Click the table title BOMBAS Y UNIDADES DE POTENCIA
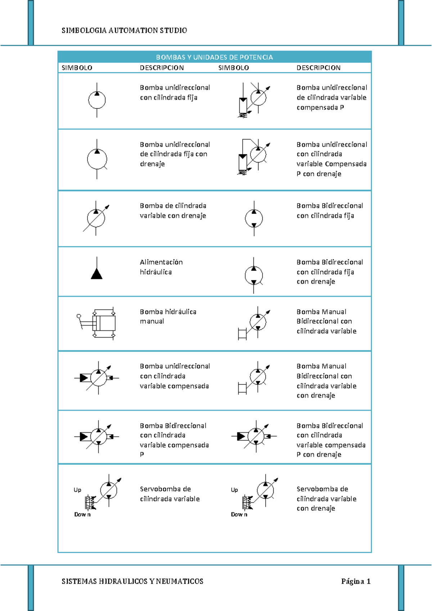pos(214,57)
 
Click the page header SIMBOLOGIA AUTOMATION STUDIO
pos(124,31)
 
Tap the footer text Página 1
pos(356,581)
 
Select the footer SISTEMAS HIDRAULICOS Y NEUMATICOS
pos(132,581)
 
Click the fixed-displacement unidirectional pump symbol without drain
pos(97,100)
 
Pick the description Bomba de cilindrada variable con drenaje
pos(173,211)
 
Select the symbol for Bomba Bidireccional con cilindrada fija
pos(254,218)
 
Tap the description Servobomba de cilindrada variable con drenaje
pos(326,499)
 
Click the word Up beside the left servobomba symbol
pos(77,490)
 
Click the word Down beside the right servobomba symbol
pos(239,514)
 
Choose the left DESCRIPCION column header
pos(162,68)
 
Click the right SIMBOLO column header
pos(234,68)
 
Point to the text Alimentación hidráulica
pos(161,267)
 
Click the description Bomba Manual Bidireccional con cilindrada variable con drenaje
pos(326,381)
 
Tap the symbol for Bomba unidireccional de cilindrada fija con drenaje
pos(97,159)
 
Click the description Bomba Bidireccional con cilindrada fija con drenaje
pos(329,272)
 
